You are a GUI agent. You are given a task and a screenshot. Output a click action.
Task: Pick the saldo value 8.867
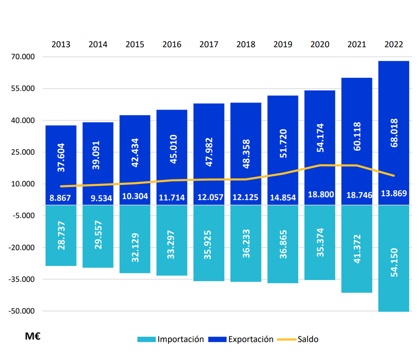coord(60,198)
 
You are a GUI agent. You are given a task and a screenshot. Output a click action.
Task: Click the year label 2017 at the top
coord(209,45)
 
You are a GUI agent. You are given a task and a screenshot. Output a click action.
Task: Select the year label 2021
coord(357,45)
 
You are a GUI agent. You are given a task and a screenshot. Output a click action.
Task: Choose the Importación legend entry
coord(171,339)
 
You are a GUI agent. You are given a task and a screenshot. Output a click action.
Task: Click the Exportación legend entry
coord(241,339)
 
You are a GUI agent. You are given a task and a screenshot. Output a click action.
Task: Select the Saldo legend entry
coord(302,339)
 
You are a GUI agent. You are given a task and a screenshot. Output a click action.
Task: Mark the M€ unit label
coord(33,336)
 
